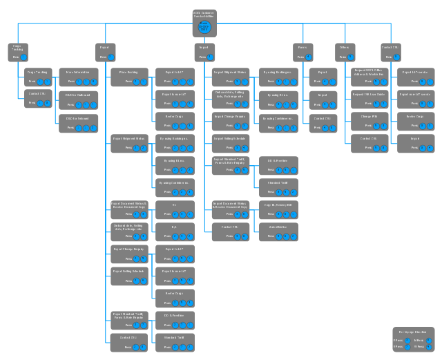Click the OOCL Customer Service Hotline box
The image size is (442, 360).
(204, 23)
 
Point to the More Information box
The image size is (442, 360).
(78, 77)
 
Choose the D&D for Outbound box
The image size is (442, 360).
(78, 100)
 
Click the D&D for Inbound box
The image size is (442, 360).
(78, 122)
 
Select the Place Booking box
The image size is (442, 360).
(129, 77)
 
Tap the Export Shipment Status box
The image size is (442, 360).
(129, 144)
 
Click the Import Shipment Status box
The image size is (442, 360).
(231, 77)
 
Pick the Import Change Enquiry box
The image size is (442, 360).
(231, 122)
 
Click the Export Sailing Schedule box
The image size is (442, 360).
(129, 276)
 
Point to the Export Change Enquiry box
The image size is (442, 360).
(129, 254)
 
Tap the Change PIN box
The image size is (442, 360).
(365, 122)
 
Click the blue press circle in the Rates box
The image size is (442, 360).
(308, 57)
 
